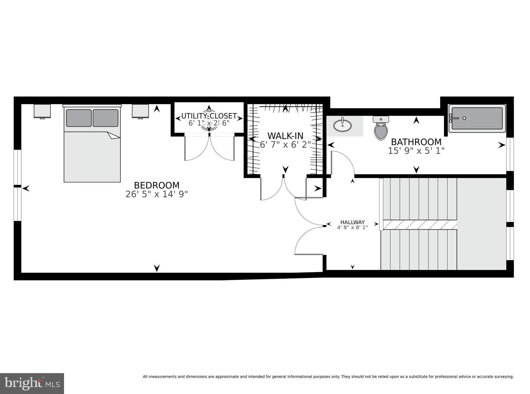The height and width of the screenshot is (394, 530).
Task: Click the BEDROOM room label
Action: (x=156, y=185)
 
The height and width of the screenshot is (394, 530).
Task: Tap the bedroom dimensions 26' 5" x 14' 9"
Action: (x=156, y=194)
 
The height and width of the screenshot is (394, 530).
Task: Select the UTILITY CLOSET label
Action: (x=209, y=116)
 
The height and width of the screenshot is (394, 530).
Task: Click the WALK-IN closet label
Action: (x=285, y=136)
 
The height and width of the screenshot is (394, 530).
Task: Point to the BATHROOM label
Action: (x=416, y=142)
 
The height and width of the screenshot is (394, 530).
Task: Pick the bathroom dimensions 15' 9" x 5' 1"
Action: (x=416, y=151)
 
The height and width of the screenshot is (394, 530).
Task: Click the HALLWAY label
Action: (x=352, y=222)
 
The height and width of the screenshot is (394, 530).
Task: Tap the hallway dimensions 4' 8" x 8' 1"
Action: (x=352, y=228)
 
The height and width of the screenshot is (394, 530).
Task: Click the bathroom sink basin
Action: (x=342, y=125)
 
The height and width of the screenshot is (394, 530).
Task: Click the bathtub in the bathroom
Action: (x=477, y=118)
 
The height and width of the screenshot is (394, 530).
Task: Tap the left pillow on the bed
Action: (x=79, y=118)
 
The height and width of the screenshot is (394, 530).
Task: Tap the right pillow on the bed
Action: (x=106, y=118)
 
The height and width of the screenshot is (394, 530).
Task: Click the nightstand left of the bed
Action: (x=42, y=111)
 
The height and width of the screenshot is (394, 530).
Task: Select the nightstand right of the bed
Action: (x=140, y=111)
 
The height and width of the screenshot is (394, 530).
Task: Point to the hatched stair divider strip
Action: (x=420, y=225)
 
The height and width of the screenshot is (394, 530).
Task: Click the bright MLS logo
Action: (x=32, y=384)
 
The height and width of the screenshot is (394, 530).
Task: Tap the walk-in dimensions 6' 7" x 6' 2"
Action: (x=285, y=145)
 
